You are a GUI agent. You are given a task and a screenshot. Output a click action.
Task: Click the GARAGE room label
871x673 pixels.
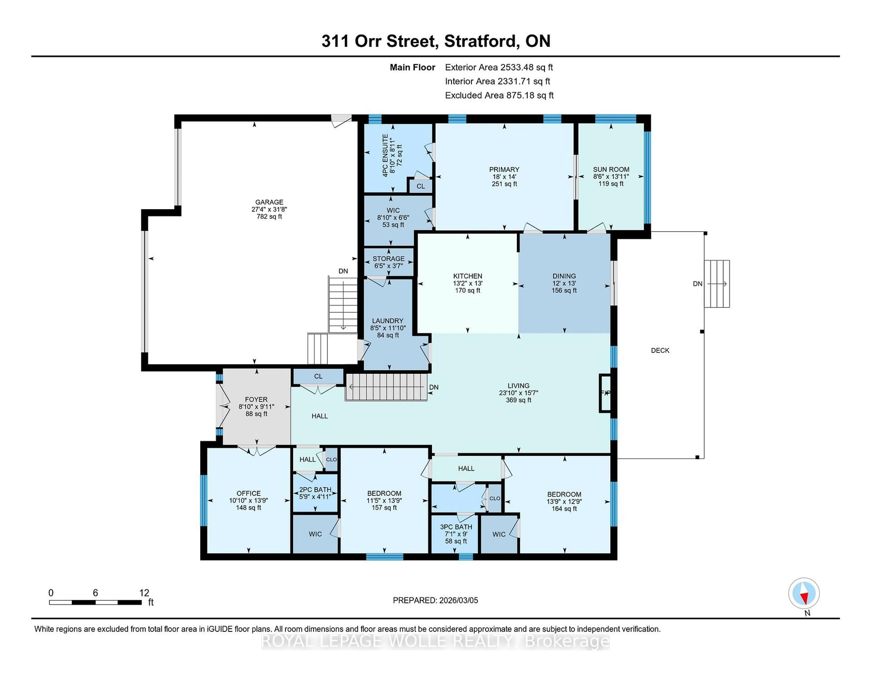click(269, 202)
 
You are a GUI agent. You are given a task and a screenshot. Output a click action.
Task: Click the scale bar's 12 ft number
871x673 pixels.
click(144, 593)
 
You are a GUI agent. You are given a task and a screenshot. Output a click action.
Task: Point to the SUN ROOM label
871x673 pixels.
click(611, 169)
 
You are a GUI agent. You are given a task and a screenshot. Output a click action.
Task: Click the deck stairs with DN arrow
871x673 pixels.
click(717, 284)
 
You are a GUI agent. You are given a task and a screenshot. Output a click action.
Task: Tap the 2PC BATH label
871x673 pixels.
click(315, 490)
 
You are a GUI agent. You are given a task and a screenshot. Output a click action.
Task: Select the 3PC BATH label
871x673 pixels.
click(456, 527)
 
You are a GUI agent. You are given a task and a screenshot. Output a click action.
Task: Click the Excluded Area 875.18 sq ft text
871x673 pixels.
click(499, 95)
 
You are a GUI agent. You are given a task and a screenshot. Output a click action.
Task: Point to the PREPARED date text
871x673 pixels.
click(435, 600)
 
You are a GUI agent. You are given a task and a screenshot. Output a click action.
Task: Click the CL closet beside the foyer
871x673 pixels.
click(318, 376)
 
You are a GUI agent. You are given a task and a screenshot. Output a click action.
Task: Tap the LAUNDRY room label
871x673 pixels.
click(388, 321)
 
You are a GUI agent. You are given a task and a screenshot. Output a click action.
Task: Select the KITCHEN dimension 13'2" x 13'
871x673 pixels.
click(467, 283)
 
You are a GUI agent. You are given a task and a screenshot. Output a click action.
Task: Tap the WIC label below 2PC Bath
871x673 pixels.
click(315, 534)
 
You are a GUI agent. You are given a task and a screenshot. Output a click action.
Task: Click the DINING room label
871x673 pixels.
click(564, 276)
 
